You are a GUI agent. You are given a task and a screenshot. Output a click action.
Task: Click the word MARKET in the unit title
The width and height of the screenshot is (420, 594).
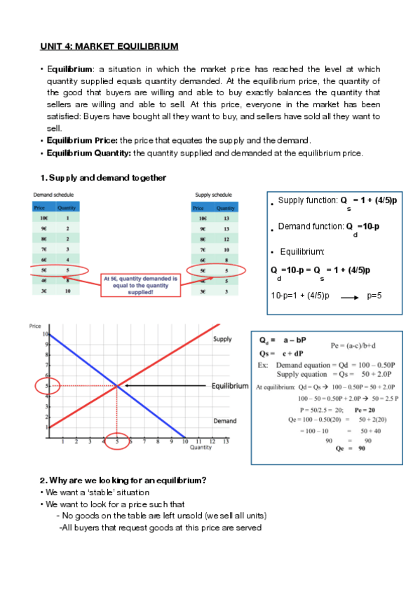point(97,46)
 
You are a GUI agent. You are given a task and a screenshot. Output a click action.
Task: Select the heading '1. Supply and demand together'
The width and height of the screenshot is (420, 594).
point(103,178)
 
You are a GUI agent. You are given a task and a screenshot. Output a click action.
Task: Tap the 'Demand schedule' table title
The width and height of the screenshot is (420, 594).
point(54,194)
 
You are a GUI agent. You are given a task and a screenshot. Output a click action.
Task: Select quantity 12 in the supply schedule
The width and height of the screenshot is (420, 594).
point(226,239)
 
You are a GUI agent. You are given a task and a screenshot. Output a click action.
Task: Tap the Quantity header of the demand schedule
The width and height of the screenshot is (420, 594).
point(67,207)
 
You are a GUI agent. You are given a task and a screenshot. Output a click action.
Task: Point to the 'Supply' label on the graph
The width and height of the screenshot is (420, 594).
point(222,339)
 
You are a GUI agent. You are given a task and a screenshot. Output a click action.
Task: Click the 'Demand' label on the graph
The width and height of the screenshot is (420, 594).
point(224,421)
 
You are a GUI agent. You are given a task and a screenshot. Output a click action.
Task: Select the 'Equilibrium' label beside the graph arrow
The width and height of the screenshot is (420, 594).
point(230,386)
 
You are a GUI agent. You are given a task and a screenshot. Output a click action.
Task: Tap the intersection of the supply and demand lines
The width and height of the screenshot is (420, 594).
point(116,386)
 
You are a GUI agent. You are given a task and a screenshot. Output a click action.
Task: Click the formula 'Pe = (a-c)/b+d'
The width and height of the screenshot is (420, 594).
point(359,345)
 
